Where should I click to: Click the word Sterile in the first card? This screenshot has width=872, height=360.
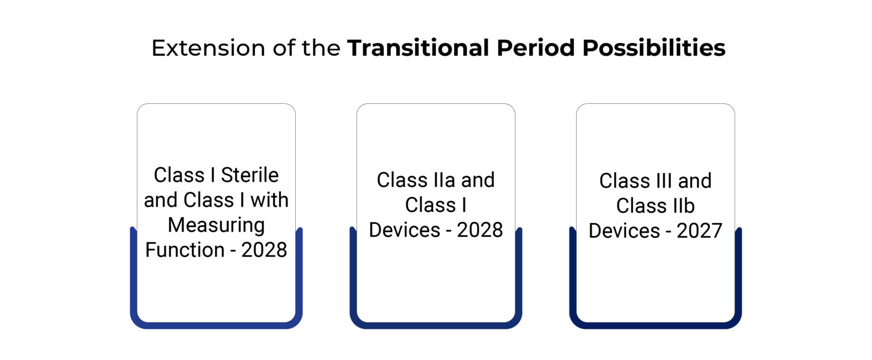(250, 175)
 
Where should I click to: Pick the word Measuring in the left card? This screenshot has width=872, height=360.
(216, 225)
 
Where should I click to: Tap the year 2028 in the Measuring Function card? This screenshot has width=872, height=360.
(265, 250)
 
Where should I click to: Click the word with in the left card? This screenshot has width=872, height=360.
(271, 200)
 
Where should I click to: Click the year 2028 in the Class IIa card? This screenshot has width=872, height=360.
(480, 230)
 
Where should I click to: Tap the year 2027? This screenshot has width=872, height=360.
(700, 231)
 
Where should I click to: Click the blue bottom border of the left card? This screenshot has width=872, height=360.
(216, 325)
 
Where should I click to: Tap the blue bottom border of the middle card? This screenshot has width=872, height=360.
(436, 325)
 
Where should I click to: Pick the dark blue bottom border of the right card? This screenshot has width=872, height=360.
(656, 325)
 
